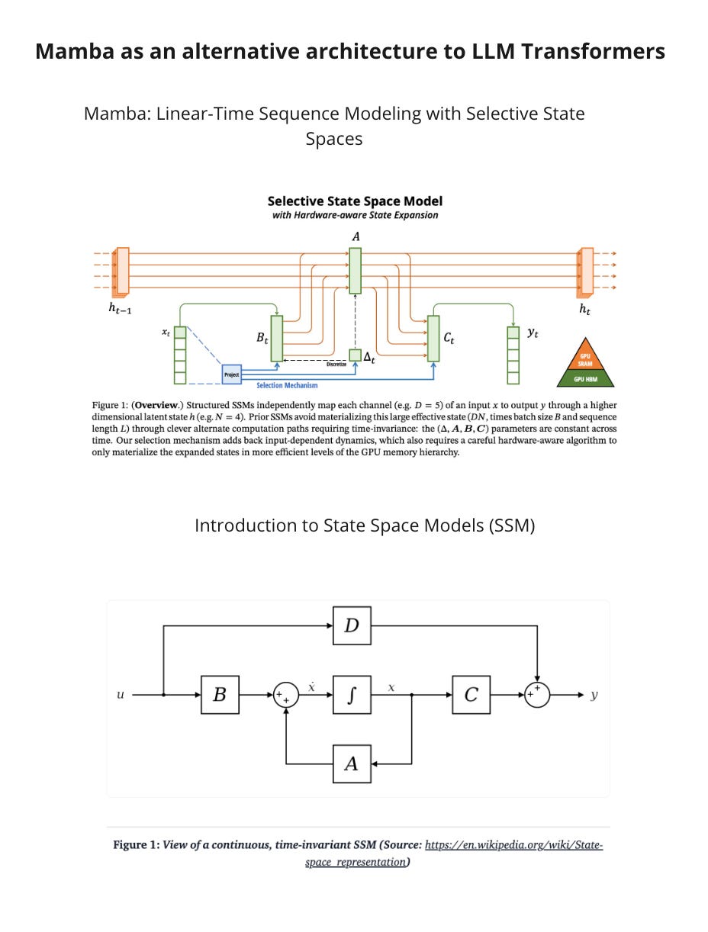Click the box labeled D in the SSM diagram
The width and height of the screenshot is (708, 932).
pyautogui.click(x=352, y=625)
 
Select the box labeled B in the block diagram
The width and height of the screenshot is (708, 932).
pyautogui.click(x=220, y=695)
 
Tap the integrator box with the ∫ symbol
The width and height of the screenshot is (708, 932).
pyautogui.click(x=352, y=695)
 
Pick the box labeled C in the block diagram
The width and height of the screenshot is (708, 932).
pyautogui.click(x=471, y=695)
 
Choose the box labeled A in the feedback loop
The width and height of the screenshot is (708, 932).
pyautogui.click(x=352, y=763)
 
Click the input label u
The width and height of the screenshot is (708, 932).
pyautogui.click(x=120, y=695)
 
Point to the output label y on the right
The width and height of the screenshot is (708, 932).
pyautogui.click(x=594, y=695)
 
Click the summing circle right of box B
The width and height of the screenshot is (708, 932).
pyautogui.click(x=286, y=696)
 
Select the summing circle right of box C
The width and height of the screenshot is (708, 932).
pyautogui.click(x=537, y=695)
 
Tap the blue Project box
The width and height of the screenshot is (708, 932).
pyautogui.click(x=232, y=374)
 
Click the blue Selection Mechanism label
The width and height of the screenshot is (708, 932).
pyautogui.click(x=287, y=386)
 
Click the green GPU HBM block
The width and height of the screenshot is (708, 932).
pyautogui.click(x=585, y=379)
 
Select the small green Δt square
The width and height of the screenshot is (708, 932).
pyautogui.click(x=356, y=355)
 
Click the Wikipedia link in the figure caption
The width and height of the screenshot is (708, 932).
pyautogui.click(x=513, y=845)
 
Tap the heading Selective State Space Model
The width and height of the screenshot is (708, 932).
pyautogui.click(x=355, y=201)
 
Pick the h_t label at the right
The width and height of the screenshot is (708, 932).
pyautogui.click(x=584, y=310)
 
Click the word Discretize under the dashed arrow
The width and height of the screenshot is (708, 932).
pyautogui.click(x=336, y=365)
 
